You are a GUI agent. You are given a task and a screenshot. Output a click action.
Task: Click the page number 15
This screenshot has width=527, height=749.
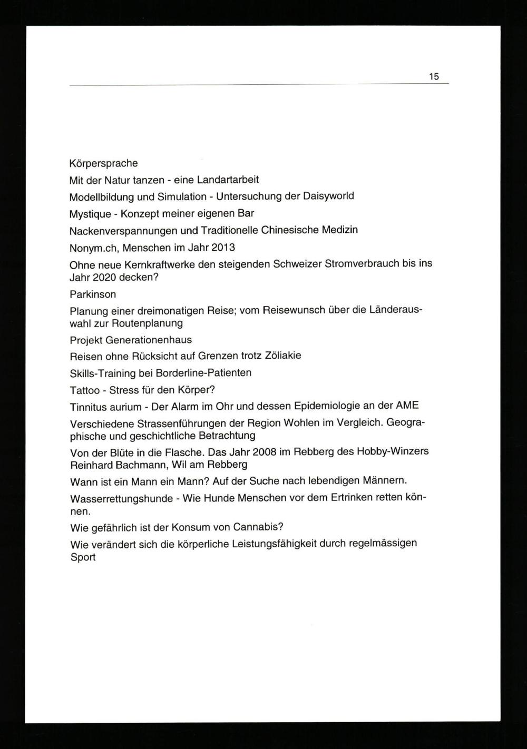pos(433,76)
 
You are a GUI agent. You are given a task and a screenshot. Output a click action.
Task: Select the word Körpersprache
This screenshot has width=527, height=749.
pos(103,163)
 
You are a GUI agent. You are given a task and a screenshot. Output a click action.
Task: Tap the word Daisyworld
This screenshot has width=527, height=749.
pos(328,196)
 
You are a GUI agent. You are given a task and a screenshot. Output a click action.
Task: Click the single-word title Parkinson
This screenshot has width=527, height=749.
pos(92,294)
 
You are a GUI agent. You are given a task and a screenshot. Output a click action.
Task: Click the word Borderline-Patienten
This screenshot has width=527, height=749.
pos(203,373)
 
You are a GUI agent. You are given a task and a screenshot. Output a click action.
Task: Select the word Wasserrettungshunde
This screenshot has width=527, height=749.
pos(121,498)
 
